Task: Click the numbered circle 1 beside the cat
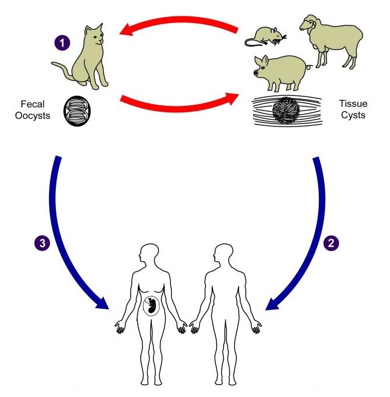[x=62, y=43]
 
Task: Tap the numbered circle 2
[x=331, y=243]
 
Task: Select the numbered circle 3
[x=42, y=243]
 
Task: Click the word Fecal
[x=32, y=104]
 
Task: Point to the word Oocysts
[x=32, y=115]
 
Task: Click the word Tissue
[x=353, y=104]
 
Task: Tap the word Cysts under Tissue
[x=353, y=115]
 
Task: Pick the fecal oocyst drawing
[x=77, y=111]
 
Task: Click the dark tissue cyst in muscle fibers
[x=286, y=110]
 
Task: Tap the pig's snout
[x=256, y=73]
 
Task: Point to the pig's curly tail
[x=309, y=67]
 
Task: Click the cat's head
[x=94, y=35]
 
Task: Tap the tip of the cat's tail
[x=53, y=64]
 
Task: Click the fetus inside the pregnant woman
[x=151, y=306]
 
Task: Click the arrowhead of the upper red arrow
[x=126, y=29]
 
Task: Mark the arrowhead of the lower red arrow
[x=232, y=98]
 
